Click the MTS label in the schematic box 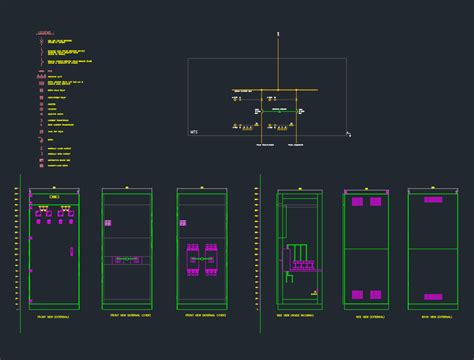click(194, 131)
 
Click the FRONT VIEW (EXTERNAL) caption click(51, 315)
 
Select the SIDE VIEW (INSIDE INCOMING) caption click(298, 315)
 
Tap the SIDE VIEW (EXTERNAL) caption click(366, 315)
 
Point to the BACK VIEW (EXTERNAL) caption click(432, 315)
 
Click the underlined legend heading click(45, 33)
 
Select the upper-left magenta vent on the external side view click(357, 201)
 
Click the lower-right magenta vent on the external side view click(375, 295)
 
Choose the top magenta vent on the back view click(432, 200)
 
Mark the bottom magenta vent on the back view click(432, 296)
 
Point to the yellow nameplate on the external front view click(54, 197)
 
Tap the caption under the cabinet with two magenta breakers click(201, 315)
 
